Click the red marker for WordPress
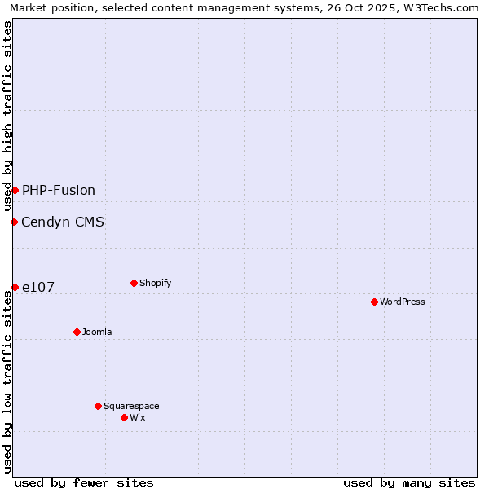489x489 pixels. pos(374,302)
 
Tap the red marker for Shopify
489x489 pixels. pos(134,283)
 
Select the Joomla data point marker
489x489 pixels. pos(77,332)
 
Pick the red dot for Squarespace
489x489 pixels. pos(98,406)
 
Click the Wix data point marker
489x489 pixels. pos(124,417)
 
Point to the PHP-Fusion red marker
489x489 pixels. pos(15,190)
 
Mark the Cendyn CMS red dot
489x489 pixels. pos(14,222)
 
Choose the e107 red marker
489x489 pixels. pos(15,287)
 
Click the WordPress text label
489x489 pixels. pos(403,302)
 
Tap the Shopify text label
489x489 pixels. pos(155,283)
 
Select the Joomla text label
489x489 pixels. pos(97,332)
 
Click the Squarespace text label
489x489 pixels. pos(131,406)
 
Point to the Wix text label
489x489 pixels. pos(138,417)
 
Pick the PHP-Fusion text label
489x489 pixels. pos(59,190)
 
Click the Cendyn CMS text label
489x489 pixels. pos(63,222)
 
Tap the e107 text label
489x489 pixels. pos(38,287)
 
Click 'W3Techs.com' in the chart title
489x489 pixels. pos(442,7)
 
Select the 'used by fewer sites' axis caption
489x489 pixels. pos(84,482)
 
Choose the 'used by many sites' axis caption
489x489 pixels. pos(409,482)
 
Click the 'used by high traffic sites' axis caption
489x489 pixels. pos(7,116)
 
